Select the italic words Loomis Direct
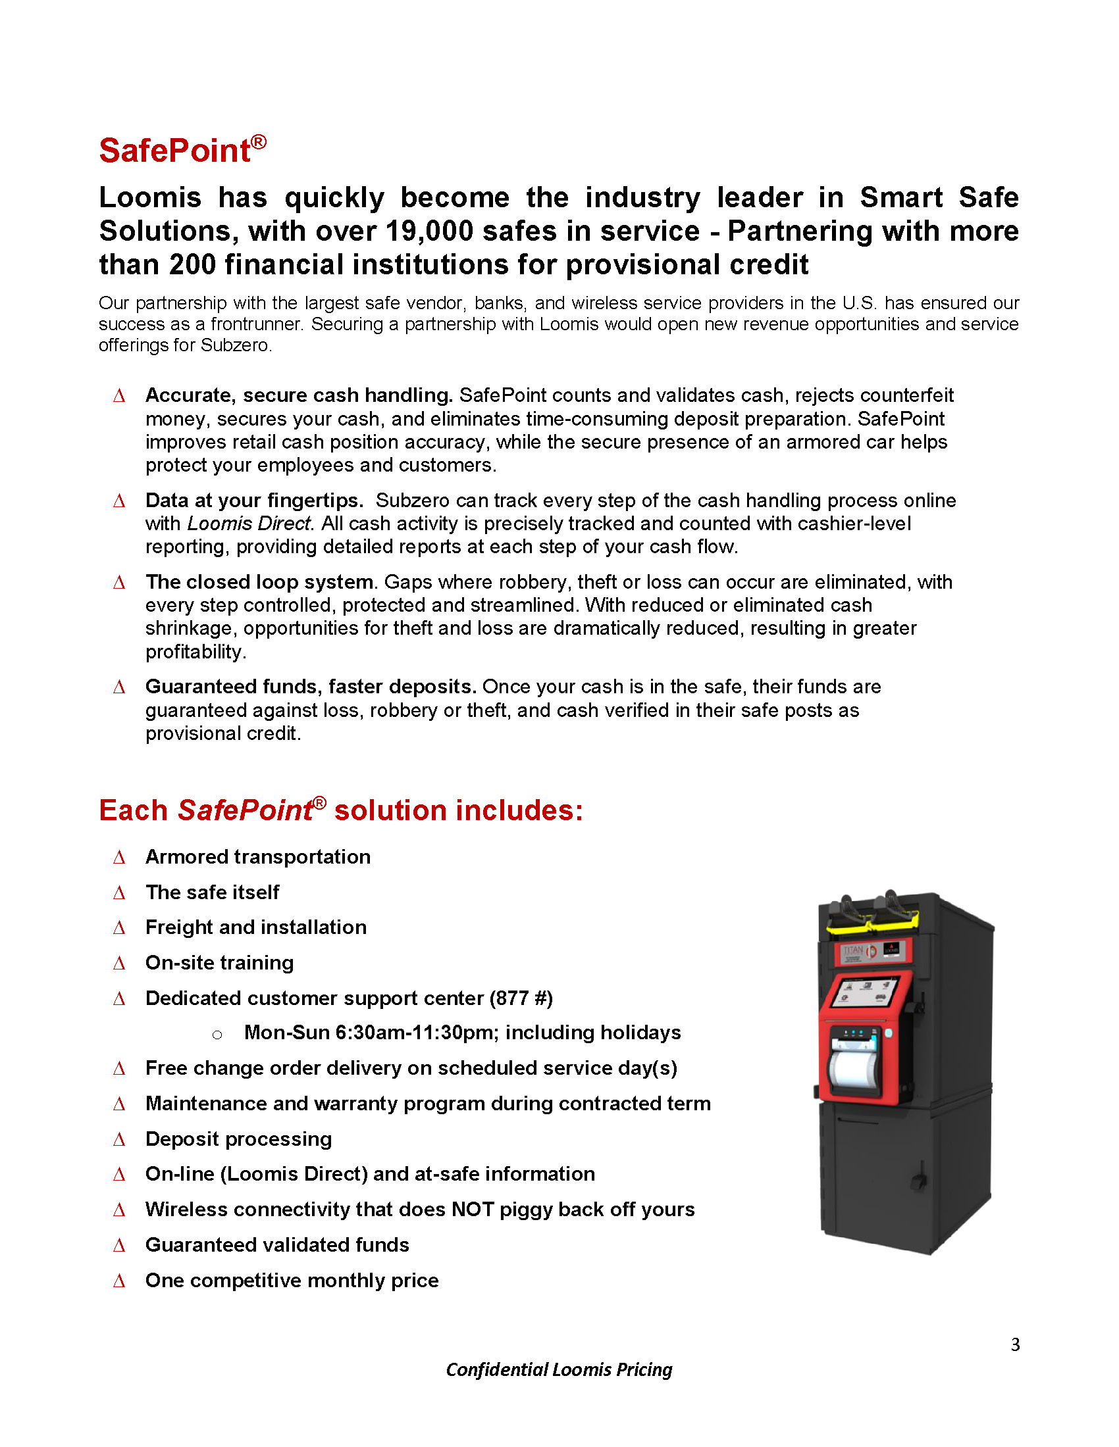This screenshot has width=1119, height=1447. point(249,524)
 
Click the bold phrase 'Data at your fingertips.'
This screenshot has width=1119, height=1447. point(254,501)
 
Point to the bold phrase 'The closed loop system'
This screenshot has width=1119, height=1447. point(259,581)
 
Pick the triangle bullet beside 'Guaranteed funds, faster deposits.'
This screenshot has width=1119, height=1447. point(119,687)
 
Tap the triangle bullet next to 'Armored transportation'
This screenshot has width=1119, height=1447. point(119,857)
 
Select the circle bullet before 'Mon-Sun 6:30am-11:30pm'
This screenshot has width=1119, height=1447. point(217,1034)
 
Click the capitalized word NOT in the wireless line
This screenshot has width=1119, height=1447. point(472,1209)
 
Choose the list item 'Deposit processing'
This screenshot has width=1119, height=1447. point(239,1139)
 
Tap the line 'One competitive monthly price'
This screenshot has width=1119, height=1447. point(292,1280)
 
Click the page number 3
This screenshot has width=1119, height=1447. point(1015,1344)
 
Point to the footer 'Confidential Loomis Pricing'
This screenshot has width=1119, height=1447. point(559,1369)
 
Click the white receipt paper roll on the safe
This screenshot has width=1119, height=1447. point(853,1067)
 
